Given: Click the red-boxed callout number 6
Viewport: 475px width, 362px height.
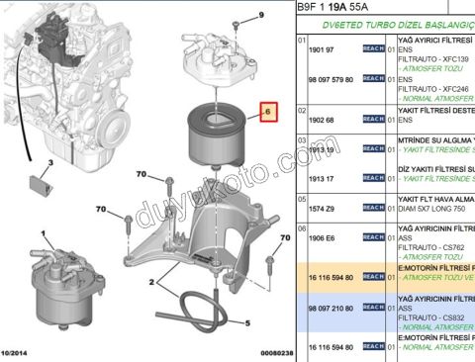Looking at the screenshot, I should pos(268,114).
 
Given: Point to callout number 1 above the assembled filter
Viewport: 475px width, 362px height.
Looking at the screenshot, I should pos(42,233).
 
